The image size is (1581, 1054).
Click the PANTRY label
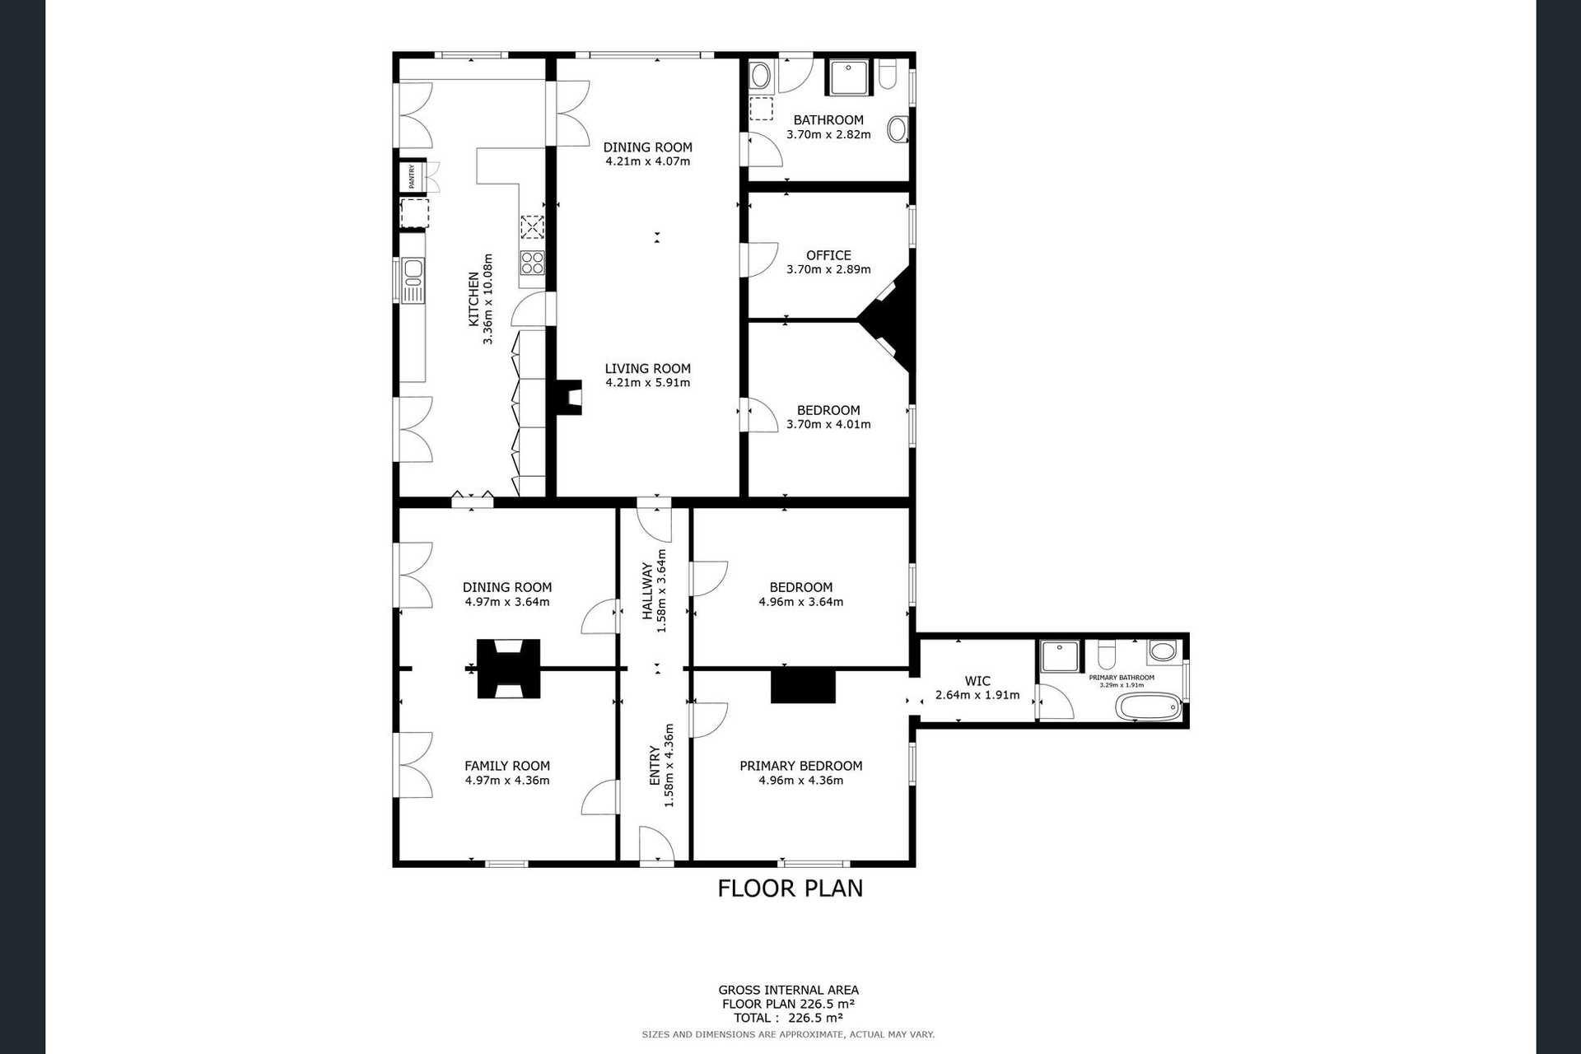coord(412,176)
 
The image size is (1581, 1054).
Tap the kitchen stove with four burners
coord(532,263)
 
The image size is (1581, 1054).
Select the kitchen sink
coord(412,279)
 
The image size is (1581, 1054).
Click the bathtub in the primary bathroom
coord(1148,707)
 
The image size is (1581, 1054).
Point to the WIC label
coord(977,681)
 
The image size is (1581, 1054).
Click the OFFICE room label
coord(828,255)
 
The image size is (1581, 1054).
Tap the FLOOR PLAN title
coord(790,888)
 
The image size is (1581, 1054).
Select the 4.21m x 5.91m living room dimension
coord(648,383)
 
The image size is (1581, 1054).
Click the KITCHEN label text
coord(473,299)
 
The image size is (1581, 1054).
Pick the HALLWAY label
coord(647,591)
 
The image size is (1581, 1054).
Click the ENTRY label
coord(655,765)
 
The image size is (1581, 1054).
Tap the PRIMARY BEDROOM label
coord(801,766)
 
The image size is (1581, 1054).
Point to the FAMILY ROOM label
coord(507,766)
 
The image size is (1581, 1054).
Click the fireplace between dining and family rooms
coord(509,669)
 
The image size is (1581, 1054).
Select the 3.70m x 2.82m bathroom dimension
coord(828,134)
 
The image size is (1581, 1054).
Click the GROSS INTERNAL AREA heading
coord(789,990)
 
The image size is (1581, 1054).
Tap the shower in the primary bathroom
coord(1059,656)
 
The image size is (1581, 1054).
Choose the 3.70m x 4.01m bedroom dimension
coord(828,425)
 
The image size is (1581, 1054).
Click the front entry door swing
coord(657,845)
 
